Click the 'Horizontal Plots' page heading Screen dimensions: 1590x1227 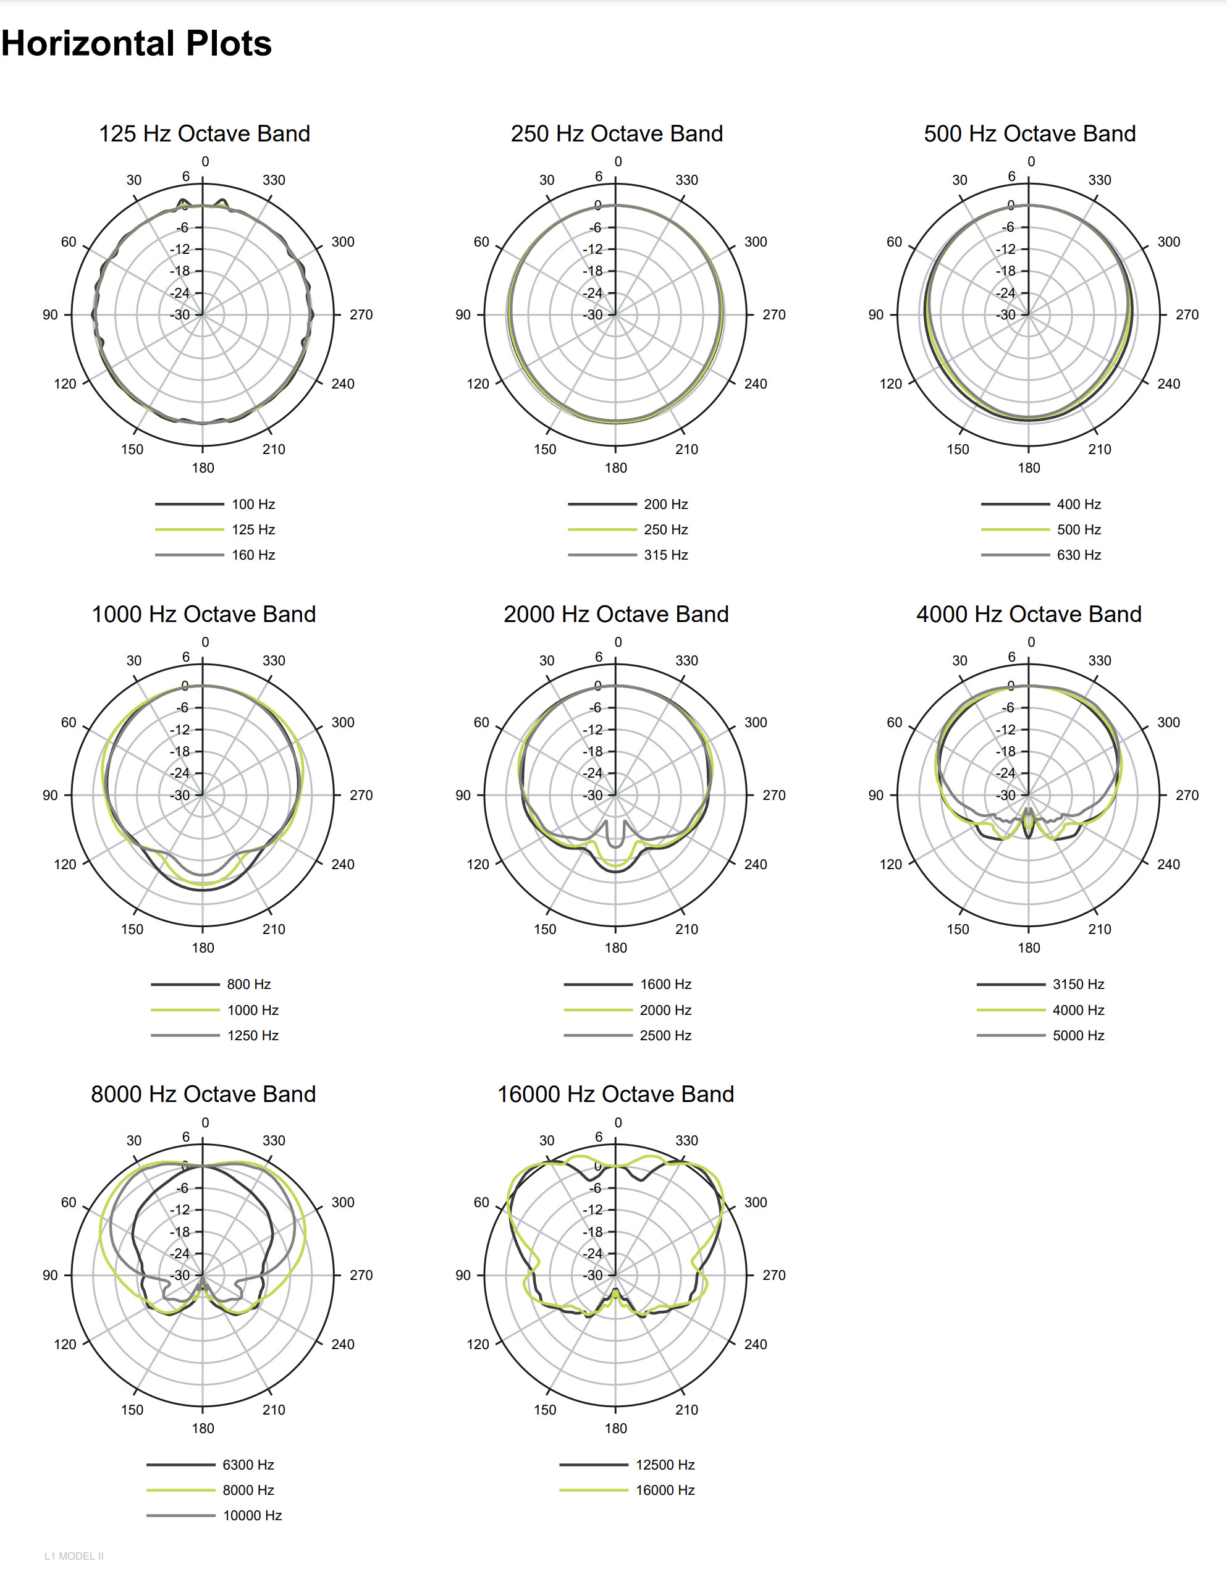click(x=136, y=44)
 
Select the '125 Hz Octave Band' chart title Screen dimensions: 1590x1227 click(x=204, y=134)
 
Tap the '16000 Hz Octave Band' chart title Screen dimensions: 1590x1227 click(x=615, y=1094)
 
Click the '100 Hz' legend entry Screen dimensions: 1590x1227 click(x=253, y=504)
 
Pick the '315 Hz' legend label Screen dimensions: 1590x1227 click(x=665, y=555)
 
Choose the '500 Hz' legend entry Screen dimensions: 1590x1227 click(x=1079, y=529)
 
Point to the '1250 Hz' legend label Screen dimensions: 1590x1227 click(x=253, y=1035)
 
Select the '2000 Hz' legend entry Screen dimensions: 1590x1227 click(x=665, y=1010)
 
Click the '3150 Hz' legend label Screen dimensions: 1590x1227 click(x=1077, y=984)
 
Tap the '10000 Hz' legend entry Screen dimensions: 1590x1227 click(x=252, y=1515)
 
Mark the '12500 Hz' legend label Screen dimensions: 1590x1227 click(x=665, y=1465)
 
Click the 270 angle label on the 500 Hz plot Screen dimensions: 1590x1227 click(x=1186, y=314)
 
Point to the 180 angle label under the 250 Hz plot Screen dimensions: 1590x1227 click(x=615, y=468)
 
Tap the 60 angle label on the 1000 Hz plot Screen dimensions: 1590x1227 click(x=69, y=722)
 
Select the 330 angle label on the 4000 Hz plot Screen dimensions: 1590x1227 click(x=1099, y=660)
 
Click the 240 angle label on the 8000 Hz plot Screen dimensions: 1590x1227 click(x=342, y=1344)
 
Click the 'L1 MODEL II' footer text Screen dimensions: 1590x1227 click(x=74, y=1556)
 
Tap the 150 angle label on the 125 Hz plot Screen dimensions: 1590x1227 click(x=132, y=449)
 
